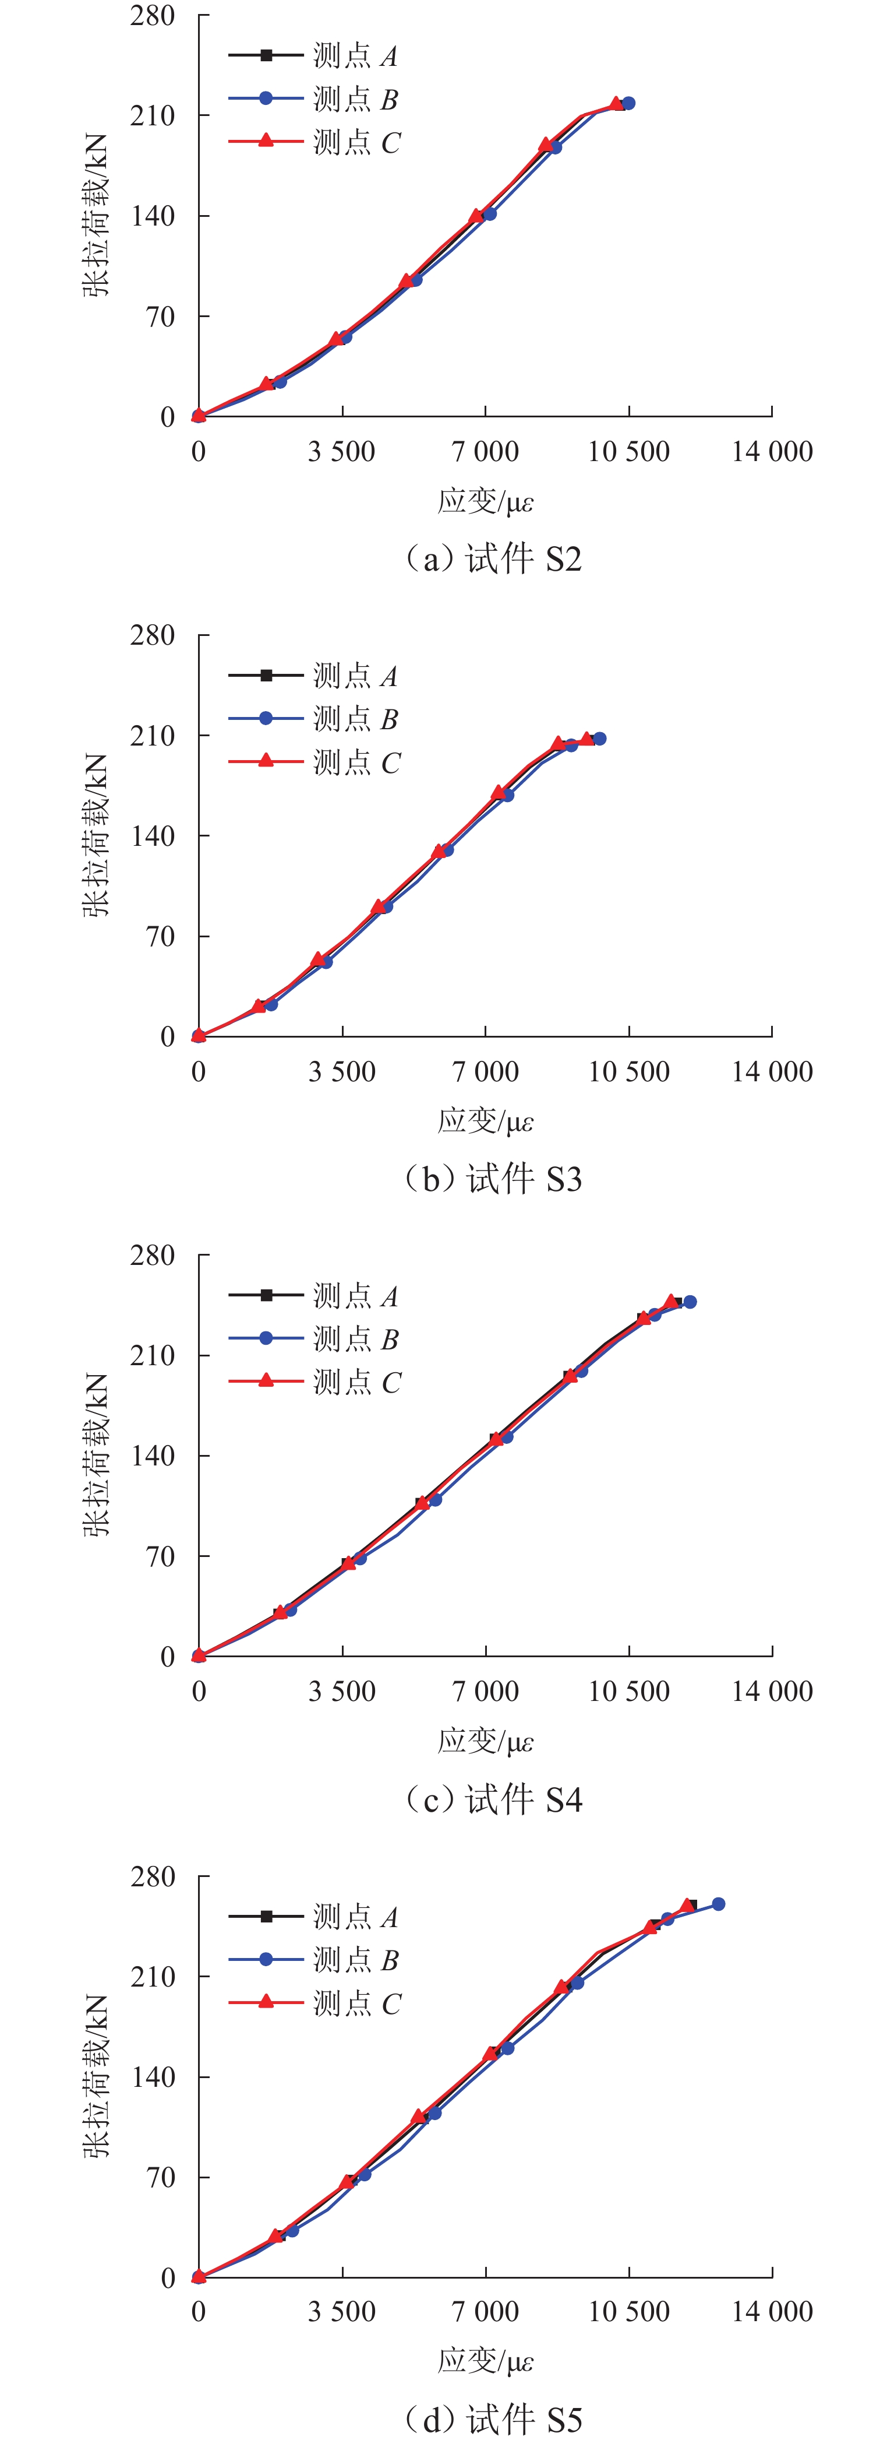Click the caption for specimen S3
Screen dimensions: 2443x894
[x=493, y=1179]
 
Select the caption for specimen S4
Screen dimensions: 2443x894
[x=493, y=1799]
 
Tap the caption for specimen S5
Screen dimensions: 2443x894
[x=493, y=2419]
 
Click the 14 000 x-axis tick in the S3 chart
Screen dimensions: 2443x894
[x=772, y=1071]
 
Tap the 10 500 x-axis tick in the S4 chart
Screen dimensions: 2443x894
[x=628, y=1691]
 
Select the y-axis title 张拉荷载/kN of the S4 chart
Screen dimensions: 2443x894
[x=96, y=1456]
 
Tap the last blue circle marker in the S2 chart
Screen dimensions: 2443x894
[x=628, y=103]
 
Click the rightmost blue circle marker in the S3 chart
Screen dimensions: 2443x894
[x=599, y=739]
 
